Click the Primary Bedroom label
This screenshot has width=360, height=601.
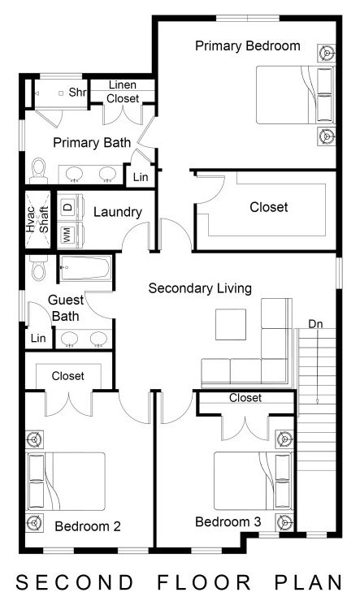[x=248, y=46]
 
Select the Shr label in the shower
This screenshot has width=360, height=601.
[x=77, y=93]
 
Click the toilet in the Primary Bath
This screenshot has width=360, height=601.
[x=38, y=169]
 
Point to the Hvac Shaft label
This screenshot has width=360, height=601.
[x=37, y=218]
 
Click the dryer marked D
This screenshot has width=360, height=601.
[x=67, y=206]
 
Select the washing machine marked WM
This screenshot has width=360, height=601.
[x=67, y=233]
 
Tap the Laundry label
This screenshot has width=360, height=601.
[x=118, y=213]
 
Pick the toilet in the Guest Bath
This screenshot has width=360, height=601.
[x=36, y=270]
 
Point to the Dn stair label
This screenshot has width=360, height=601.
[x=315, y=324]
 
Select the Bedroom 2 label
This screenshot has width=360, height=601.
[x=88, y=526]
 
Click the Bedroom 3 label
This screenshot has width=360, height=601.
[x=228, y=521]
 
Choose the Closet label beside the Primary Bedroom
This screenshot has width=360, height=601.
[x=268, y=207]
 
